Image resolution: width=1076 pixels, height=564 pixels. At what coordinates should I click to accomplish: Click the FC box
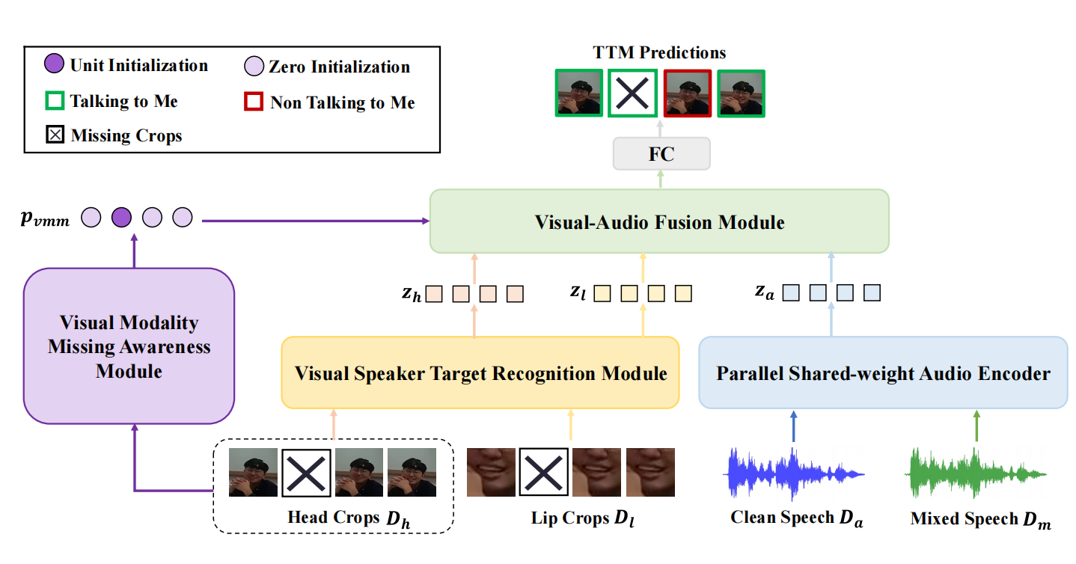[661, 155]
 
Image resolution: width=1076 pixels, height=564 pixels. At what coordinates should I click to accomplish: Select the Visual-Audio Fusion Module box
[659, 221]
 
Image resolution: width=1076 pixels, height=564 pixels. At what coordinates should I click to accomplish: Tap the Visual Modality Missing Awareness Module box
[129, 346]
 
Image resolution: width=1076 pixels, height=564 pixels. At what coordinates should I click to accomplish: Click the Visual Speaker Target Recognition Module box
[480, 373]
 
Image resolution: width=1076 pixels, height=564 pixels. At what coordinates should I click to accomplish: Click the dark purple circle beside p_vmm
[121, 218]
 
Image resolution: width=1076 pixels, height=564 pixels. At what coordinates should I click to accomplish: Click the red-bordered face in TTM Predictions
[686, 93]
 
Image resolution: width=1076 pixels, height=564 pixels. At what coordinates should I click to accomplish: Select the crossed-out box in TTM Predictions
[632, 93]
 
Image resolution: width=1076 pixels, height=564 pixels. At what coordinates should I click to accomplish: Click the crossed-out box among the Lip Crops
[543, 472]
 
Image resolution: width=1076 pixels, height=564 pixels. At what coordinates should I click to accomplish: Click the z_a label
[764, 292]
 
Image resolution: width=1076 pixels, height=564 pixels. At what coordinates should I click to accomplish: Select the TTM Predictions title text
[659, 52]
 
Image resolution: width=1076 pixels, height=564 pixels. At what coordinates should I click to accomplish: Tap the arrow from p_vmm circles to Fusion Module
[314, 221]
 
